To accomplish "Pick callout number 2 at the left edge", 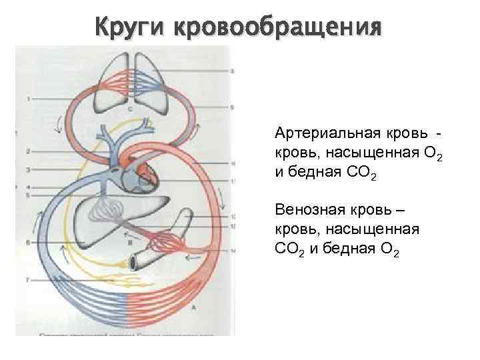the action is (29, 152).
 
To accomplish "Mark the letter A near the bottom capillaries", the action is (193, 309).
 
